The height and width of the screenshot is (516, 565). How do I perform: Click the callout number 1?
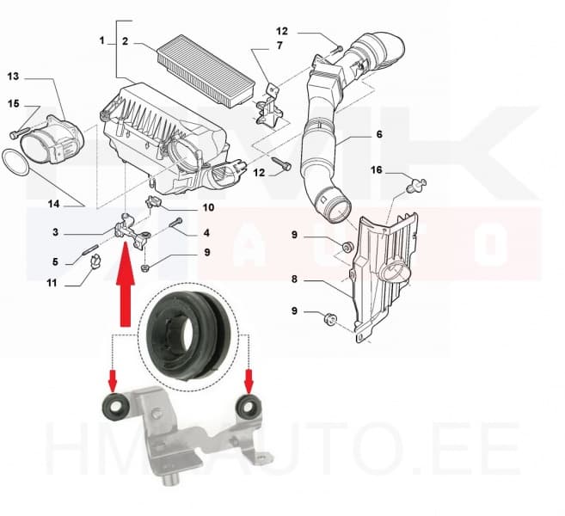[101, 40]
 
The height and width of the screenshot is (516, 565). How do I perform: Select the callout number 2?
[125, 40]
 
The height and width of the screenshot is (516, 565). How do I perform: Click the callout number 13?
[13, 77]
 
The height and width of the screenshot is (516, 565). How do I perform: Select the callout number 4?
[206, 232]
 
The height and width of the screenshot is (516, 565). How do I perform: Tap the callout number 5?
[54, 262]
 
